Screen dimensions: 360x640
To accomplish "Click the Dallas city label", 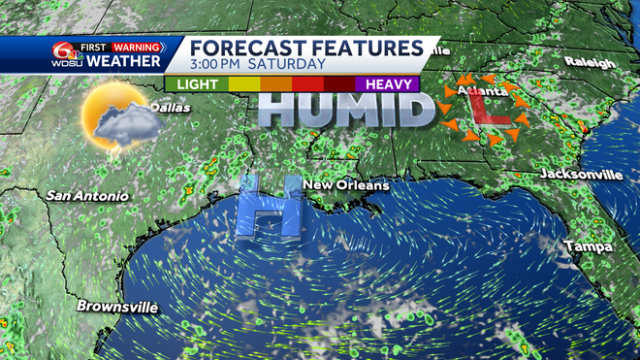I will coord(170,108).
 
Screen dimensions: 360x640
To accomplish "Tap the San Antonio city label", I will coord(87,196).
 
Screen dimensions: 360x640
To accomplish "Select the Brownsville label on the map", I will coord(118,308).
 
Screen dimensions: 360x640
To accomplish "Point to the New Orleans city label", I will coord(346,185).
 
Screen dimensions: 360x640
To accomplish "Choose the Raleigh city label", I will coord(590,63).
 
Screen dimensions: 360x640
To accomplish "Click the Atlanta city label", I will coord(480,92).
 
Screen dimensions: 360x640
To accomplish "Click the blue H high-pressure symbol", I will coord(271,205).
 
